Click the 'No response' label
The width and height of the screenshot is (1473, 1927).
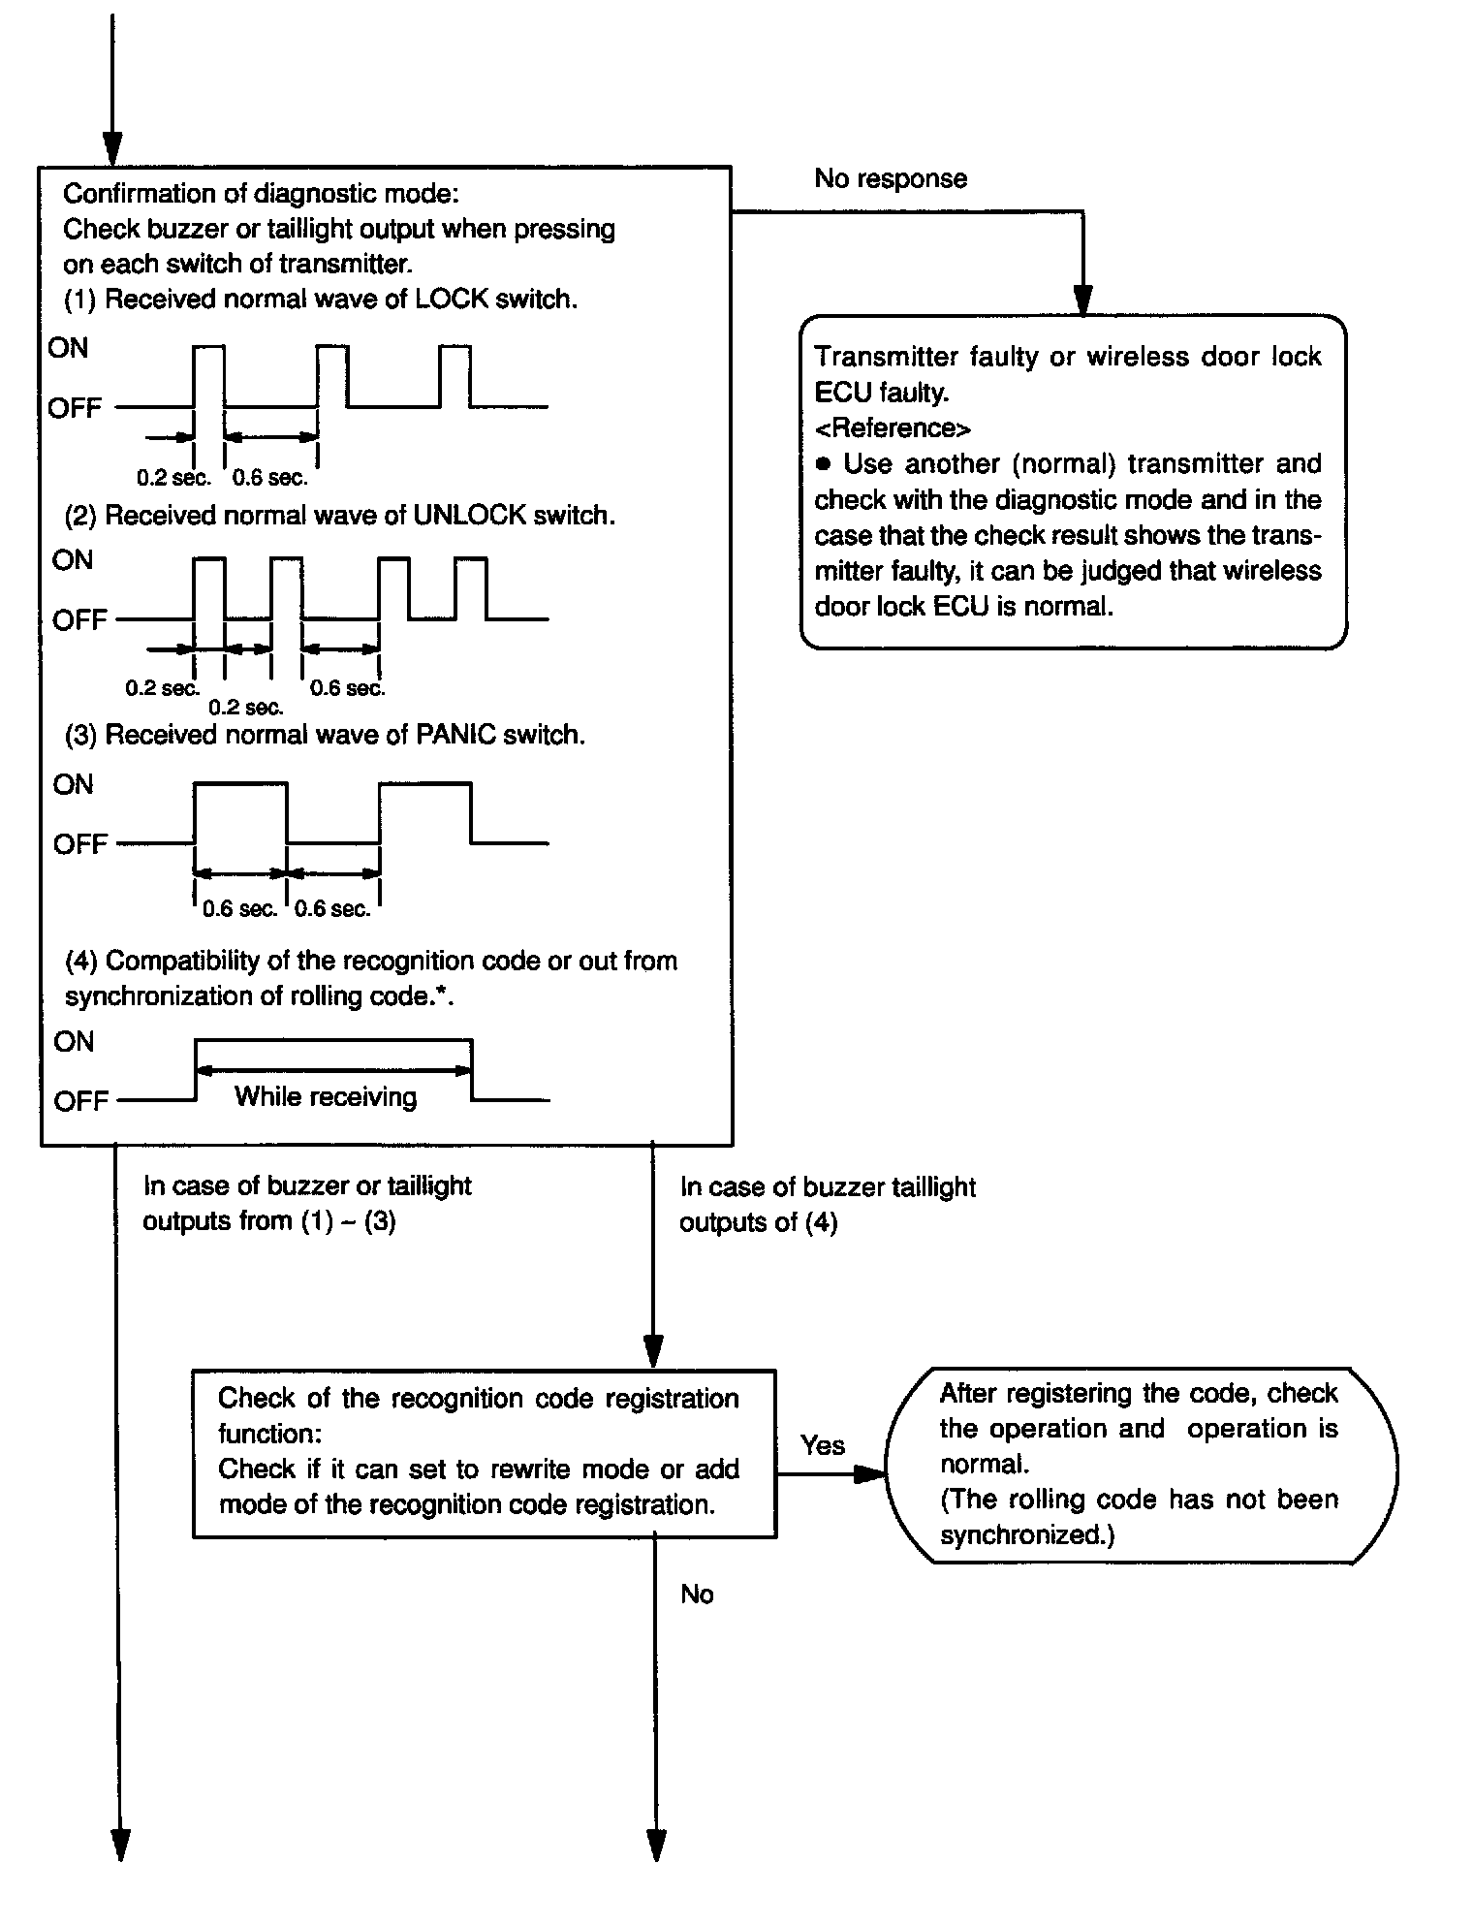(890, 179)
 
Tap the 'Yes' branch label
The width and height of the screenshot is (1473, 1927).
(822, 1445)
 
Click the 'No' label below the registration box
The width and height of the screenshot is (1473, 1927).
(697, 1595)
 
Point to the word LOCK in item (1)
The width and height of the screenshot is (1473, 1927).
(451, 300)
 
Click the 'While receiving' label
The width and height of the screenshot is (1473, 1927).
(326, 1097)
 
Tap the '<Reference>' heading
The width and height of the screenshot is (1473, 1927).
(893, 428)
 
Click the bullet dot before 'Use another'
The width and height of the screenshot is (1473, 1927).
(824, 464)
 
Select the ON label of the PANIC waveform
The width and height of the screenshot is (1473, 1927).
(74, 784)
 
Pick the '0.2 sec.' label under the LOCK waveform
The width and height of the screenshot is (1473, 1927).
(173, 478)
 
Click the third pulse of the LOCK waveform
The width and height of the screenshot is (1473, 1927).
(454, 375)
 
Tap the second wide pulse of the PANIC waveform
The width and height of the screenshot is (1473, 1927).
(425, 812)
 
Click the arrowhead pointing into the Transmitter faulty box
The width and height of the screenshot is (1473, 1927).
(1082, 301)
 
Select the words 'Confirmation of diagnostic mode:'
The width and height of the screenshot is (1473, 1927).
(261, 194)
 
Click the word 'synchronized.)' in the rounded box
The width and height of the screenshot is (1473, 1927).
(1026, 1535)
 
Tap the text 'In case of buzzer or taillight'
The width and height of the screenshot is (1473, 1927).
(307, 1186)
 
